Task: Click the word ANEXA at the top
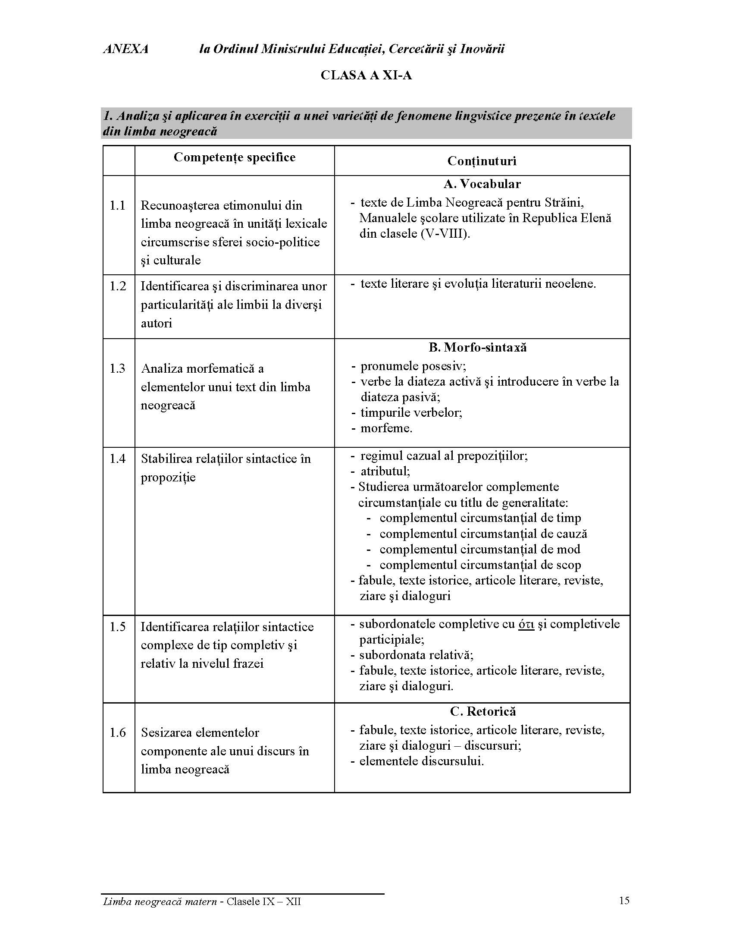[126, 49]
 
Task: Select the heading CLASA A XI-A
[366, 75]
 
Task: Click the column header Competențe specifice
[235, 157]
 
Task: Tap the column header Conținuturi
[482, 161]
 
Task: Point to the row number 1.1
[117, 205]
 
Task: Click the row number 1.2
[117, 286]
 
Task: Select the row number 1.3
[117, 369]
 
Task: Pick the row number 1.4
[117, 459]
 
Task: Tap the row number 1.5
[117, 627]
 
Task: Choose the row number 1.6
[117, 733]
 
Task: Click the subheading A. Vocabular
[482, 184]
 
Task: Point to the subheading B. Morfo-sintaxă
[478, 348]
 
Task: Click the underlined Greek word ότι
[526, 625]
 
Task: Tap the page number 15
[624, 901]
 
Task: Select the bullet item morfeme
[386, 428]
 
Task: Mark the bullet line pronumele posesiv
[413, 366]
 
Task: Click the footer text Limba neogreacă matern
[160, 902]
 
